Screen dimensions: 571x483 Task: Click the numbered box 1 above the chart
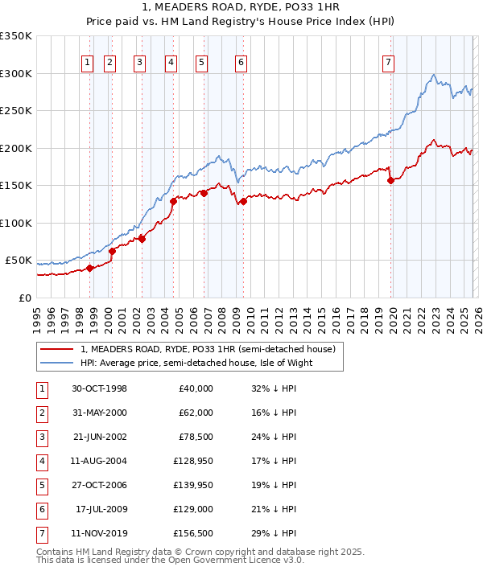(86, 64)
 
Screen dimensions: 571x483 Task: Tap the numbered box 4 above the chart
(171, 64)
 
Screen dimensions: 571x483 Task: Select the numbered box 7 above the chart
(388, 64)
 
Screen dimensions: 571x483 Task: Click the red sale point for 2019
(391, 181)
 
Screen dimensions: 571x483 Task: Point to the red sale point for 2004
(173, 201)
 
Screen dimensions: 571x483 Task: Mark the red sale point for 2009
(243, 201)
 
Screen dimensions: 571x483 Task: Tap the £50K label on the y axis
(19, 261)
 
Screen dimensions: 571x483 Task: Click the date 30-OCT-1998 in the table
(99, 388)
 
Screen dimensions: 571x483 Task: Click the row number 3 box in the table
(41, 437)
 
